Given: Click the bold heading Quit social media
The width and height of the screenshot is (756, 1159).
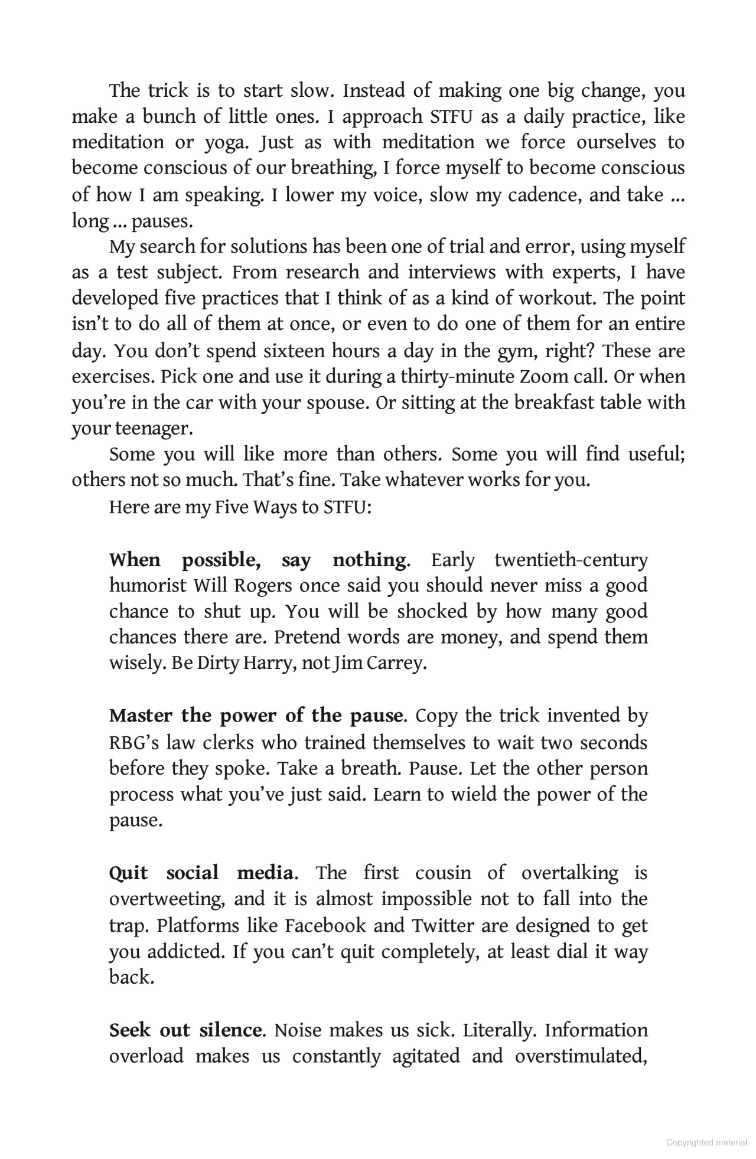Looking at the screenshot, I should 201,873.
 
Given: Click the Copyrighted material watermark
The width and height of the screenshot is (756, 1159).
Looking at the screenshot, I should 706,1142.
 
